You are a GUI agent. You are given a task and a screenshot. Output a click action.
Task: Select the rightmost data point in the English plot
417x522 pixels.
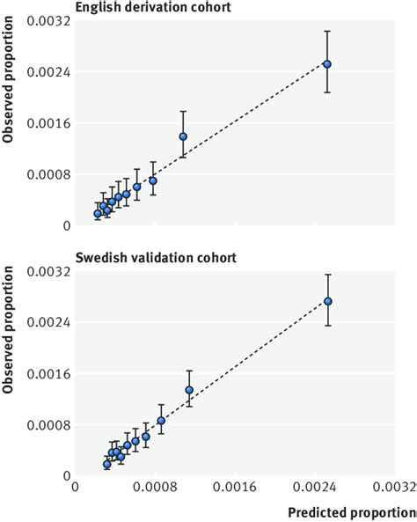(327, 63)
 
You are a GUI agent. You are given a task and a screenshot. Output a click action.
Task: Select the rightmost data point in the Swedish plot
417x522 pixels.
(328, 301)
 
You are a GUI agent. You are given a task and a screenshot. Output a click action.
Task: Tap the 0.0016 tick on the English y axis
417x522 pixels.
(51, 123)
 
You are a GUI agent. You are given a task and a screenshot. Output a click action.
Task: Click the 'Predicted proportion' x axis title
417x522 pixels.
(352, 511)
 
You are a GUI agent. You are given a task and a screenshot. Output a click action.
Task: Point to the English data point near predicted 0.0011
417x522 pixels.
(183, 136)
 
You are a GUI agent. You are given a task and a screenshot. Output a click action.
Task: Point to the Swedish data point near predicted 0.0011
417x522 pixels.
(189, 390)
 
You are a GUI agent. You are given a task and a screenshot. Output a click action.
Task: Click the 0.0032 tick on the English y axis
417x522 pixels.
(51, 21)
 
